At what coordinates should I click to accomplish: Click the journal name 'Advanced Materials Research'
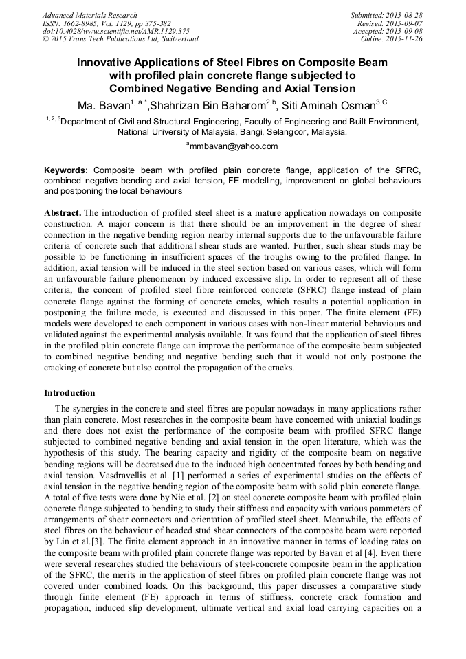point(89,15)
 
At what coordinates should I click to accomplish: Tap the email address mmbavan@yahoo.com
point(234,146)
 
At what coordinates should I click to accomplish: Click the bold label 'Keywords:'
point(66,170)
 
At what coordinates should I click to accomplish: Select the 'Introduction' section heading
point(69,393)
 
